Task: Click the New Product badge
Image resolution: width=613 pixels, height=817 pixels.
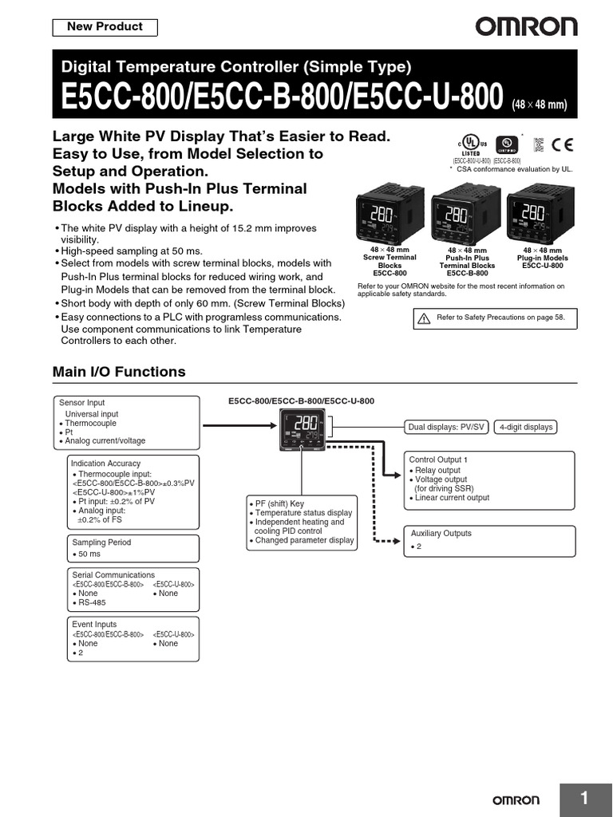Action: (105, 27)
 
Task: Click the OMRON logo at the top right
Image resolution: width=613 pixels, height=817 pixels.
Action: (526, 27)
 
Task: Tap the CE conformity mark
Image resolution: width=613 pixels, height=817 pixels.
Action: (561, 144)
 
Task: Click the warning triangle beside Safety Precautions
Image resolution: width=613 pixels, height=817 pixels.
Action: (424, 318)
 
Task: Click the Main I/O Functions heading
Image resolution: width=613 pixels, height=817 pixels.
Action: (118, 372)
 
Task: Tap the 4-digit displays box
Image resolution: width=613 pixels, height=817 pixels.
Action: (525, 427)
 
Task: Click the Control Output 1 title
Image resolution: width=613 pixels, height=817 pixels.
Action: (438, 460)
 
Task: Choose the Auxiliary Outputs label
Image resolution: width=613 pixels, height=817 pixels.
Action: (441, 533)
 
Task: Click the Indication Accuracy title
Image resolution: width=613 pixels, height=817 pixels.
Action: (105, 464)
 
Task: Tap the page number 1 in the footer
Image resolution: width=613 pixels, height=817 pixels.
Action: (584, 799)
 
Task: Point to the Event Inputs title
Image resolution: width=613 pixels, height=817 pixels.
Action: (94, 624)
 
